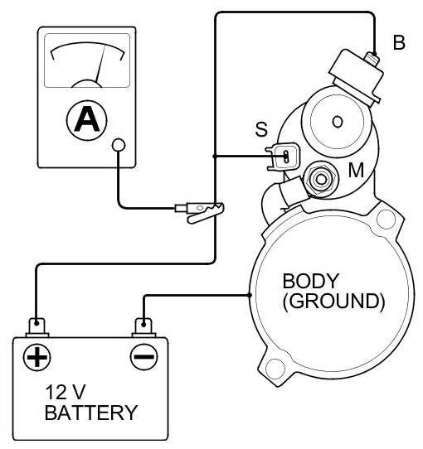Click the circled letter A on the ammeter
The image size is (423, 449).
tap(86, 120)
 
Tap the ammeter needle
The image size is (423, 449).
tap(100, 64)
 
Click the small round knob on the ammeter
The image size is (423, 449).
tap(119, 145)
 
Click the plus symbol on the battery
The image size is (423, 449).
tap(36, 357)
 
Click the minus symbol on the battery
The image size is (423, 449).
tap(144, 357)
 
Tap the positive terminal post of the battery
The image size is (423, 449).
tap(37, 327)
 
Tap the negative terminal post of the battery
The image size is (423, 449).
tap(143, 327)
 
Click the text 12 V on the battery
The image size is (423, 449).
tap(66, 392)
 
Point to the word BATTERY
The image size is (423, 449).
tap(91, 413)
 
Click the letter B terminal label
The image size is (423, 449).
tap(399, 42)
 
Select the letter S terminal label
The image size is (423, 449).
tap(261, 129)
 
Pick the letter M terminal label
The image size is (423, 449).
tap(356, 170)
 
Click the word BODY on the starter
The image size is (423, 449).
tap(311, 281)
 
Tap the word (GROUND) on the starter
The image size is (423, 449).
tap(333, 301)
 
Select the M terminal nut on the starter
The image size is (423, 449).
tap(321, 179)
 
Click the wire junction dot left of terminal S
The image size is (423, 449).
tap(214, 157)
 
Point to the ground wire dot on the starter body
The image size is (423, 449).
tap(250, 295)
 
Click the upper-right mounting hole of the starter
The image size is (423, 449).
tap(386, 219)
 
